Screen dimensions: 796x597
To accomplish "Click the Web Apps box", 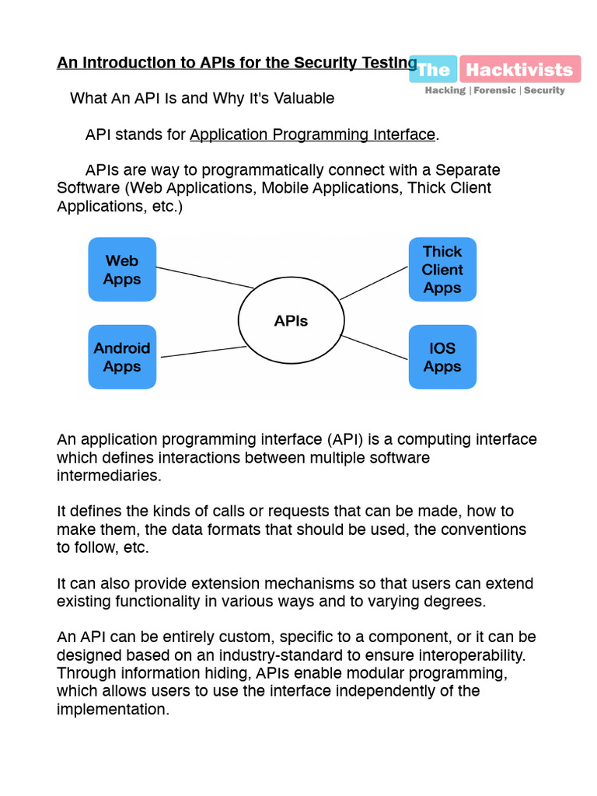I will pos(121,270).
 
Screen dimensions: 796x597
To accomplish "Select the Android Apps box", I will pos(121,357).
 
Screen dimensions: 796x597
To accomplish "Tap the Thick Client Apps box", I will pos(442,270).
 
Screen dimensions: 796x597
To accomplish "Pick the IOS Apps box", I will pos(442,357).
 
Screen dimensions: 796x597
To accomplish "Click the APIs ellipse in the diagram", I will pos(291,320).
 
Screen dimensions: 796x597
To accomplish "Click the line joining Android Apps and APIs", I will pos(203,352).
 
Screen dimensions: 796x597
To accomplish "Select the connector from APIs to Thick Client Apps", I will pos(374,282).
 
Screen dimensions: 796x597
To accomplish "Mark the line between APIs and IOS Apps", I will pos(375,347).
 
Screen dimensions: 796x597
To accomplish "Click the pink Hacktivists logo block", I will pos(519,70).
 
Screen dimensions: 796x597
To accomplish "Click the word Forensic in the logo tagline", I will pos(494,90).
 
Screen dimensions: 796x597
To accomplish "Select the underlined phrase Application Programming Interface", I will pos(312,135).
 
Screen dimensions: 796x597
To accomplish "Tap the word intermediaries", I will pos(109,477).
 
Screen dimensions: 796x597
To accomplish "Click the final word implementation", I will pos(112,710).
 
